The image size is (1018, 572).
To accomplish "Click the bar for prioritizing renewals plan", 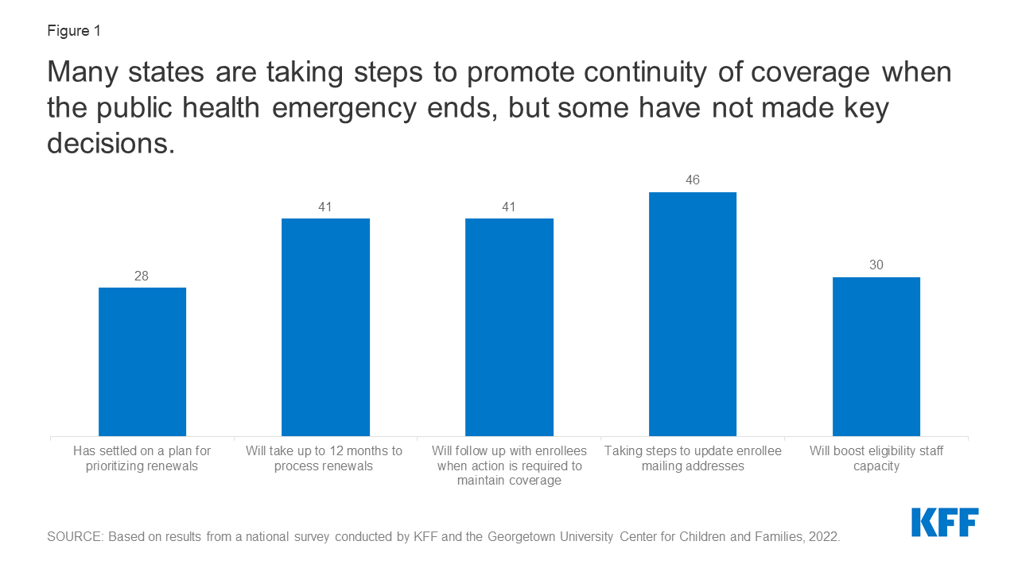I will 142,361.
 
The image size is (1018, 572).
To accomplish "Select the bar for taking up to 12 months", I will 325,327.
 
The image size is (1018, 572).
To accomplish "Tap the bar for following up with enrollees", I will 509,327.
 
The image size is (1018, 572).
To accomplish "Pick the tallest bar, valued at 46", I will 693,314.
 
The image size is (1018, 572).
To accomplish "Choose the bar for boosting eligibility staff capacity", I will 876,357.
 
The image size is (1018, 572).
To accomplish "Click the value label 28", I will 142,276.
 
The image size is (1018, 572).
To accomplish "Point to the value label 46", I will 693,180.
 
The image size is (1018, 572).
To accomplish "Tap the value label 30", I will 876,265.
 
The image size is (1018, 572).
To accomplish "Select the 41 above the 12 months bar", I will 325,207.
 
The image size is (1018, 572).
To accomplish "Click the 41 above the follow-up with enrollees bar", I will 509,207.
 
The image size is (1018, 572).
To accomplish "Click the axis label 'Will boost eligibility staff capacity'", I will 876,458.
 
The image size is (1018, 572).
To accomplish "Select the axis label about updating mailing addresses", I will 693,458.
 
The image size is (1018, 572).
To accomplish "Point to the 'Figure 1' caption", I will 74,32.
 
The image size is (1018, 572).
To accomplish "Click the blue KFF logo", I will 945,522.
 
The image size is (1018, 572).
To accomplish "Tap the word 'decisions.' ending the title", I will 111,143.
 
